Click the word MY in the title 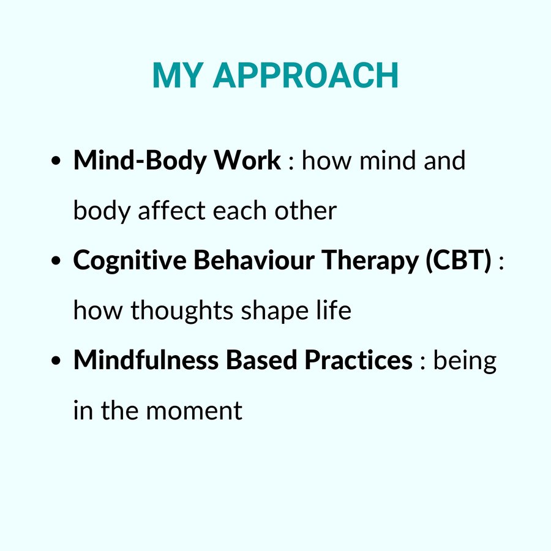[x=178, y=75]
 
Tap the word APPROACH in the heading [x=305, y=75]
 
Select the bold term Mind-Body [x=140, y=161]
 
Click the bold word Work [x=248, y=160]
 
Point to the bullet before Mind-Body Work [x=56, y=161]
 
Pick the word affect [x=171, y=211]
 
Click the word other [x=305, y=211]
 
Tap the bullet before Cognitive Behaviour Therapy [x=56, y=261]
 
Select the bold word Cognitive [x=130, y=261]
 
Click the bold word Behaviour [x=254, y=260]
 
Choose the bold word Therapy [x=370, y=261]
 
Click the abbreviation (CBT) [x=459, y=260]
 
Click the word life [x=334, y=310]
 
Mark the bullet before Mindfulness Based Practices [x=56, y=361]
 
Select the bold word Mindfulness [x=146, y=360]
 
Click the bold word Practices [x=358, y=360]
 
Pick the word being [x=465, y=361]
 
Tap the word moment [x=194, y=410]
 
